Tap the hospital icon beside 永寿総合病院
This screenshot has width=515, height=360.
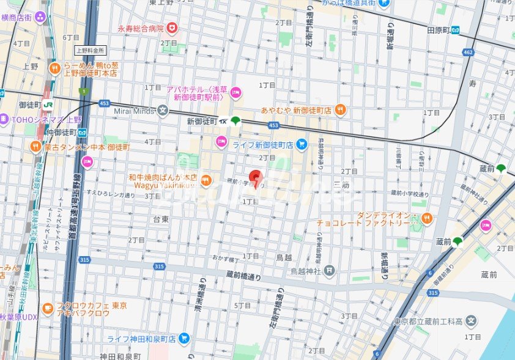coord(173,28)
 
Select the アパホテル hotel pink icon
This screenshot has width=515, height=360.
coord(236,93)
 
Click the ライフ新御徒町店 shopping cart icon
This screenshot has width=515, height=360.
coord(301,144)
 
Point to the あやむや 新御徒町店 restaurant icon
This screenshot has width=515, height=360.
coord(341,110)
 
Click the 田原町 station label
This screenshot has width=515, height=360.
coord(439,30)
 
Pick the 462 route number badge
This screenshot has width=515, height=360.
coord(469,53)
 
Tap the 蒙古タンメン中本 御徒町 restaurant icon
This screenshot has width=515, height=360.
coord(35,147)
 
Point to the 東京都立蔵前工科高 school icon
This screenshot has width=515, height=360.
coord(471,320)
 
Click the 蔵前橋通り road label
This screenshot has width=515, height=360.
coord(243,275)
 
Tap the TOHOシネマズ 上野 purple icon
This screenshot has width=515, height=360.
coord(3,119)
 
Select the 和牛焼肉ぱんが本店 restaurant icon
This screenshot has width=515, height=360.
coord(206,180)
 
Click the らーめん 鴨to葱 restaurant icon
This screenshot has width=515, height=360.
coord(55,68)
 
